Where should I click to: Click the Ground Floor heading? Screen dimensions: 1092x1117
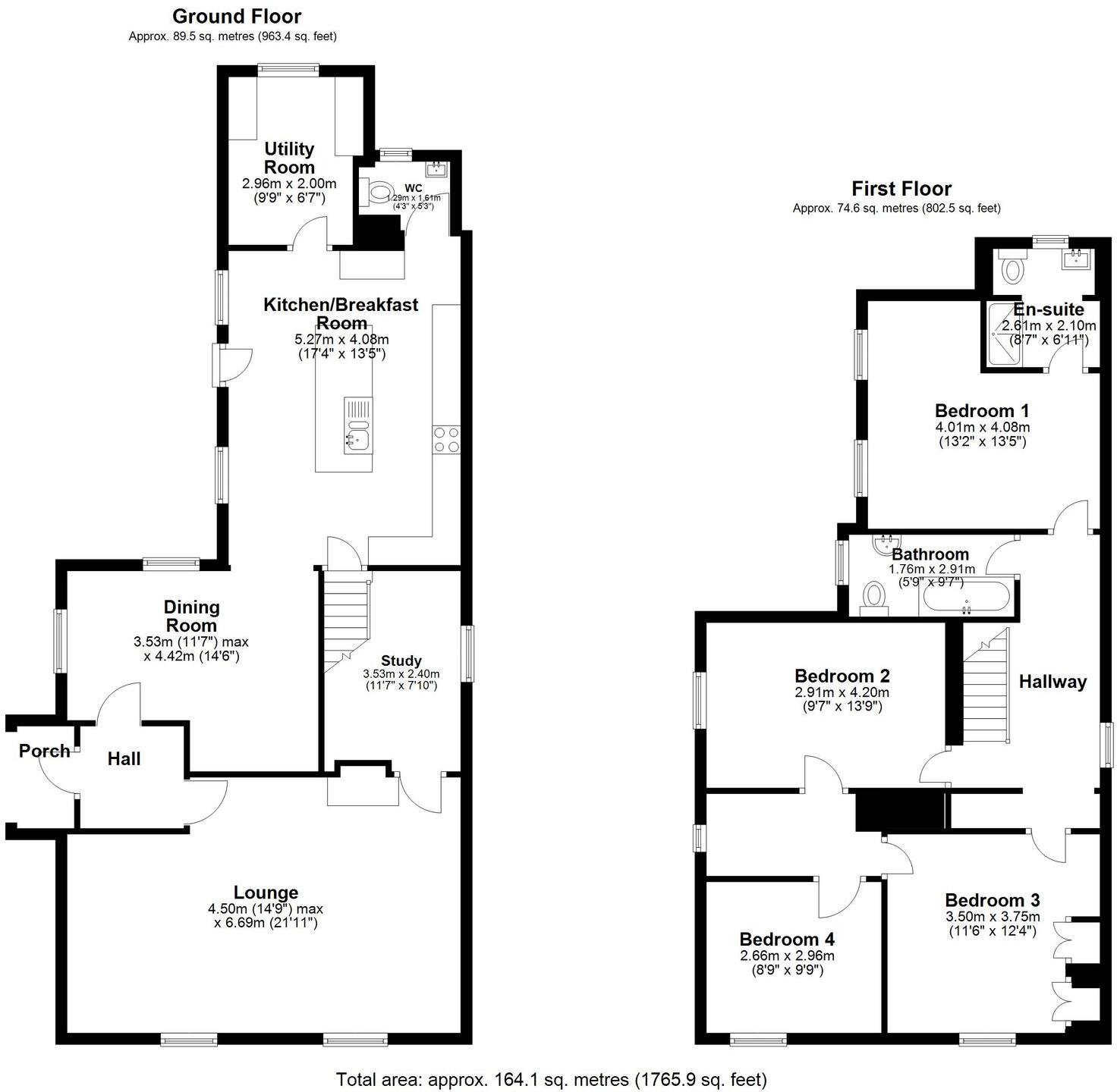237,16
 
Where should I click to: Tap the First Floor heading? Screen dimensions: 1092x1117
901,188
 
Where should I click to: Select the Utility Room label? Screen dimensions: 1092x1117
289,158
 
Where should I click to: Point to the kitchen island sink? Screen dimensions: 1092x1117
357,439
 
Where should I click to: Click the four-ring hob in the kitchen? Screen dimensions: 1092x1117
446,439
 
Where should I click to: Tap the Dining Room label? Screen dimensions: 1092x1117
192,616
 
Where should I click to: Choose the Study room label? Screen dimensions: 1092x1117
401,661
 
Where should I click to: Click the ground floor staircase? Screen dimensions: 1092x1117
346,614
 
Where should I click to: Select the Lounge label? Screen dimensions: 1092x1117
266,893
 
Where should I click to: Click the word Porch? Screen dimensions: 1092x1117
44,751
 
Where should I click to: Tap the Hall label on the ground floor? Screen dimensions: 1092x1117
124,758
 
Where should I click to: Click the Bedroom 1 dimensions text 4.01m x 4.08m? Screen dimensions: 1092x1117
983,427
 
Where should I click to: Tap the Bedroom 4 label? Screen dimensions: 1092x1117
787,940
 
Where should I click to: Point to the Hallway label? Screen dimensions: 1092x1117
1052,682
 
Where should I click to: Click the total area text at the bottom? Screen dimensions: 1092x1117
552,1078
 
